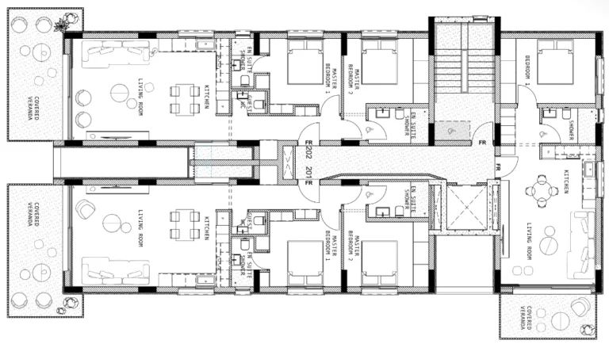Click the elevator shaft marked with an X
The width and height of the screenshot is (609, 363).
tap(464, 208)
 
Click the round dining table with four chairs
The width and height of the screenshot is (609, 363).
tap(542, 190)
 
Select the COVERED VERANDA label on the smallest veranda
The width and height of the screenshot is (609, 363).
tap(524, 317)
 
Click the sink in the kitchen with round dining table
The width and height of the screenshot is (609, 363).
tap(588, 169)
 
